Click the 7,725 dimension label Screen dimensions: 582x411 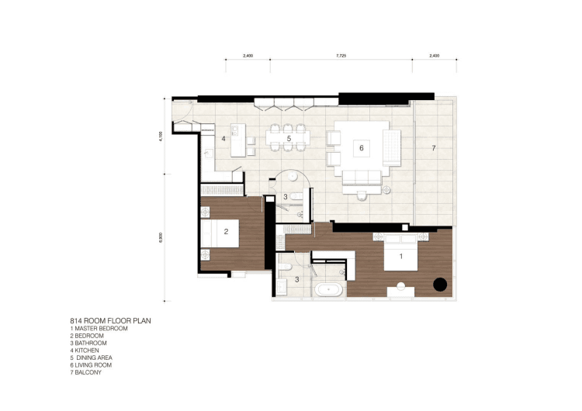pyautogui.click(x=341, y=56)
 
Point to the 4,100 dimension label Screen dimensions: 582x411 pyautogui.click(x=161, y=136)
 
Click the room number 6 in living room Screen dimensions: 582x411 pyautogui.click(x=361, y=148)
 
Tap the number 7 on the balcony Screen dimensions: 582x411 pyautogui.click(x=434, y=148)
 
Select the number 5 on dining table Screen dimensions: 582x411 pyautogui.click(x=289, y=139)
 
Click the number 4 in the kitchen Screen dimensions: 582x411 pyautogui.click(x=223, y=139)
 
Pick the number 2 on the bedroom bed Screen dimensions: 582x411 pyautogui.click(x=226, y=232)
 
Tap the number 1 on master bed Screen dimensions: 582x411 pyautogui.click(x=401, y=256)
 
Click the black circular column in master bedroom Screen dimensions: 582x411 pyautogui.click(x=440, y=285)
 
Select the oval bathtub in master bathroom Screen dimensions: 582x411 pyautogui.click(x=329, y=290)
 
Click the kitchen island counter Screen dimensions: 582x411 pyautogui.click(x=238, y=140)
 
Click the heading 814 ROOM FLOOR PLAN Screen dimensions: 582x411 pyautogui.click(x=111, y=321)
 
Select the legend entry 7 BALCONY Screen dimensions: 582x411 pyautogui.click(x=85, y=372)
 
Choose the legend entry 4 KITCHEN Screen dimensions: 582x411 pyautogui.click(x=85, y=351)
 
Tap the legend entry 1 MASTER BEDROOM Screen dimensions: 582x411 pyautogui.click(x=99, y=329)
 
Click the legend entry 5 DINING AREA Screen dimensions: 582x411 pyautogui.click(x=92, y=358)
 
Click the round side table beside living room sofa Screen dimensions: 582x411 pyautogui.click(x=386, y=190)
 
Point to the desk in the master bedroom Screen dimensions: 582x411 pyautogui.click(x=401, y=292)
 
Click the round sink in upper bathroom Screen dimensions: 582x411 pyautogui.click(x=293, y=176)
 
